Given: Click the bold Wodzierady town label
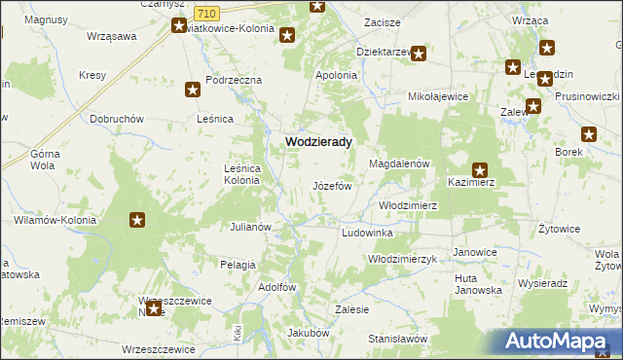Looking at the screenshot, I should tap(318, 141).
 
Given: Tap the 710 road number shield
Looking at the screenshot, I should tap(205, 13).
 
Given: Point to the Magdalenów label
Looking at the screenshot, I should tap(399, 164).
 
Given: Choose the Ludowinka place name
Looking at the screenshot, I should tap(367, 234).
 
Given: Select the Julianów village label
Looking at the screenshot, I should tap(249, 227).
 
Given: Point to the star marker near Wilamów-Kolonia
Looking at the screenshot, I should tap(137, 220).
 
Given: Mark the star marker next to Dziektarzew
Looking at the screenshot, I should tap(419, 54).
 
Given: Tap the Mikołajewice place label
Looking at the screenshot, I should tap(438, 97).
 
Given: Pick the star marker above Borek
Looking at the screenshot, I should tap(589, 135).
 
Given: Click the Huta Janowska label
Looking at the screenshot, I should tap(478, 284).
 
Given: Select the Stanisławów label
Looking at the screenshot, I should tap(398, 339).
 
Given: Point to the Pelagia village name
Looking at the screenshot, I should tap(238, 264).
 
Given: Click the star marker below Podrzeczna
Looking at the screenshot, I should tap(193, 90).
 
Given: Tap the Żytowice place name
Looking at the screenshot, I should tap(560, 229).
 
